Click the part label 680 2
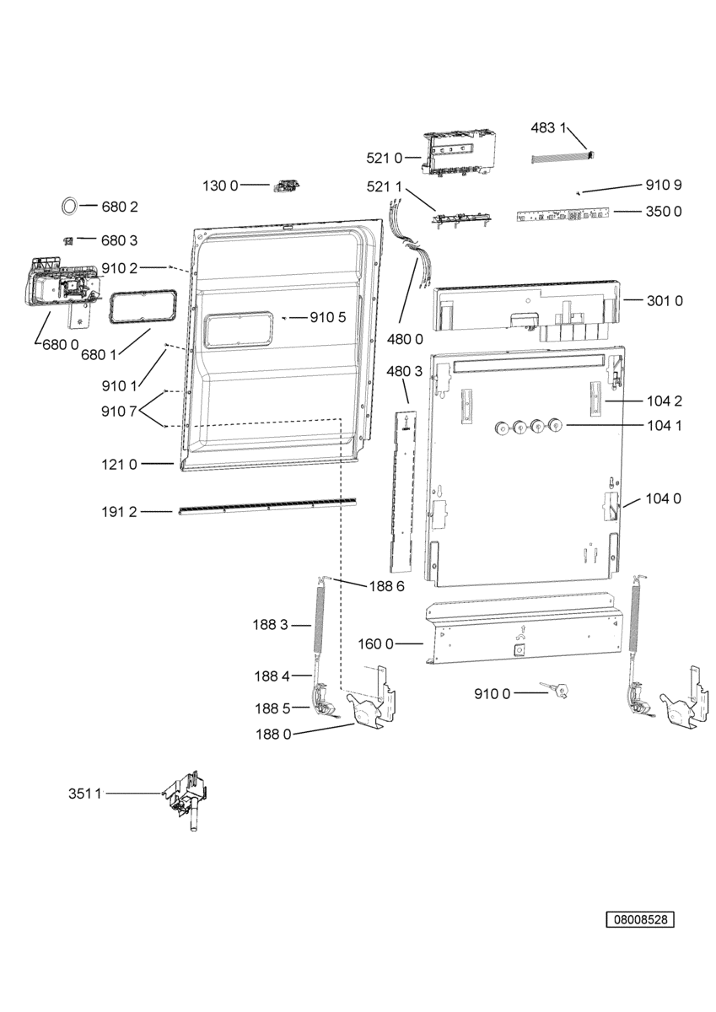pyautogui.click(x=120, y=207)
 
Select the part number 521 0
pyautogui.click(x=384, y=158)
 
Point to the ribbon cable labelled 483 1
pyautogui.click(x=563, y=157)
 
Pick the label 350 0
pyautogui.click(x=664, y=212)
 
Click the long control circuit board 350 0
pyautogui.click(x=563, y=214)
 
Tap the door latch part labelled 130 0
pyautogui.click(x=287, y=185)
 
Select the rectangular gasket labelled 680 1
pyautogui.click(x=142, y=307)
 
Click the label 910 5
pyautogui.click(x=327, y=318)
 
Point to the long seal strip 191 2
pyautogui.click(x=267, y=505)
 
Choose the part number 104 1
pyautogui.click(x=665, y=425)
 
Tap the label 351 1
pyautogui.click(x=85, y=794)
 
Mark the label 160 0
pyautogui.click(x=376, y=643)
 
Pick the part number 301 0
pyautogui.click(x=665, y=300)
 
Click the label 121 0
pyautogui.click(x=119, y=464)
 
